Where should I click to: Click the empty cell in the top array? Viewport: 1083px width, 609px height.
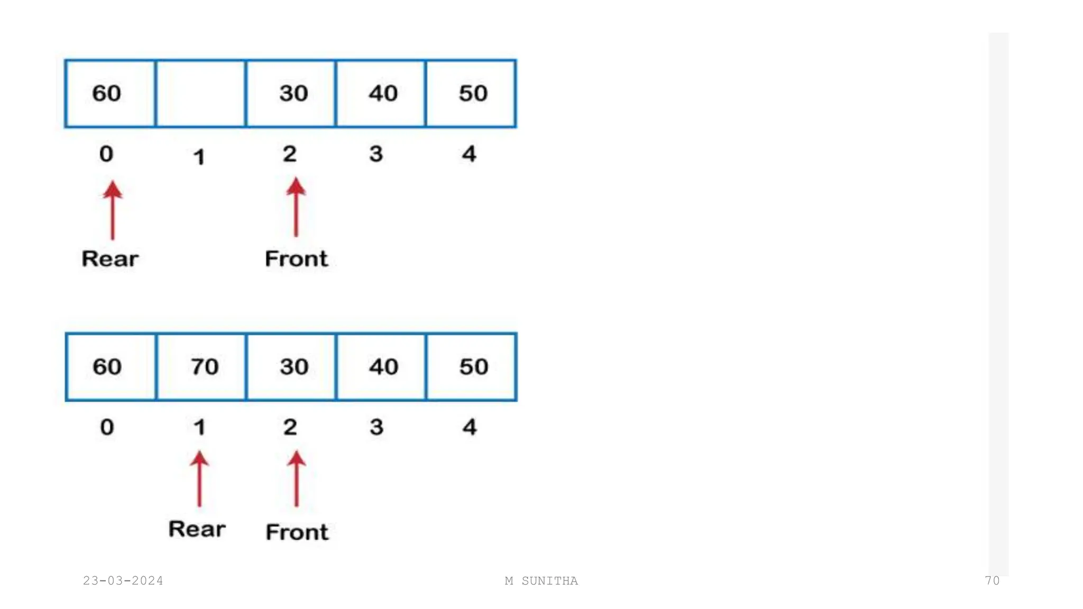201,94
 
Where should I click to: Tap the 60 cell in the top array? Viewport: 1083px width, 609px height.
110,94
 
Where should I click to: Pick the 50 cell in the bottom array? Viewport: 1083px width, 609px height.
471,367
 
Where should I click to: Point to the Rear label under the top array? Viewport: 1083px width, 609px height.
110,259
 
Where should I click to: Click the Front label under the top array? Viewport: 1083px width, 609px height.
296,259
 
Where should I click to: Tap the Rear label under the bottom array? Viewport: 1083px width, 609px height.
197,529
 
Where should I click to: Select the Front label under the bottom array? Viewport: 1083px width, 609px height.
297,532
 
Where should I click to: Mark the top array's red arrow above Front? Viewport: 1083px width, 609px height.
296,207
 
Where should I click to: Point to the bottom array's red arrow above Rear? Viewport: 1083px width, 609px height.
199,479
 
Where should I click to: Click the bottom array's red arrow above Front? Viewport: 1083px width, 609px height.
297,479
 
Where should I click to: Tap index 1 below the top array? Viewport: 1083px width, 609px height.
199,157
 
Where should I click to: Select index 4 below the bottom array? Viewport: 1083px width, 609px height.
470,427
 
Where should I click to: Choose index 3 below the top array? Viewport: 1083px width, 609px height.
376,154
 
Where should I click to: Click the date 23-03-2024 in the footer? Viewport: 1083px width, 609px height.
123,581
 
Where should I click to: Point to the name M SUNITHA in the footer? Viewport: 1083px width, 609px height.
541,581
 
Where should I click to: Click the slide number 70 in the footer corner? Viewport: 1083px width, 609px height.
992,581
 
